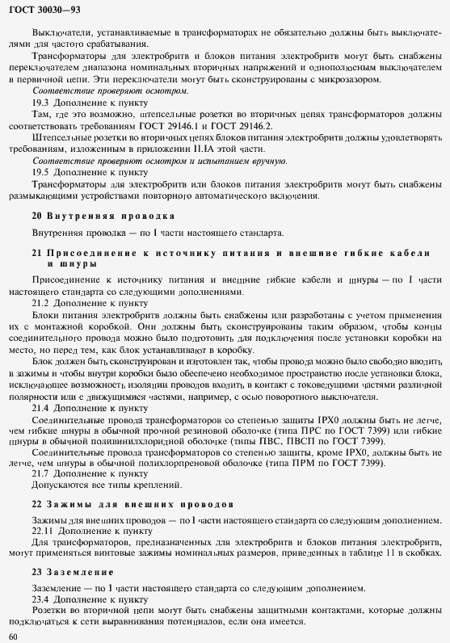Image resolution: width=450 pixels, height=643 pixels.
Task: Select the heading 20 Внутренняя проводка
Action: click(x=103, y=216)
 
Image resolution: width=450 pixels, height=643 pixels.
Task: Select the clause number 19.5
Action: click(x=41, y=171)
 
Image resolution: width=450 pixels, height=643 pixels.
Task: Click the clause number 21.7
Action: click(x=41, y=473)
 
